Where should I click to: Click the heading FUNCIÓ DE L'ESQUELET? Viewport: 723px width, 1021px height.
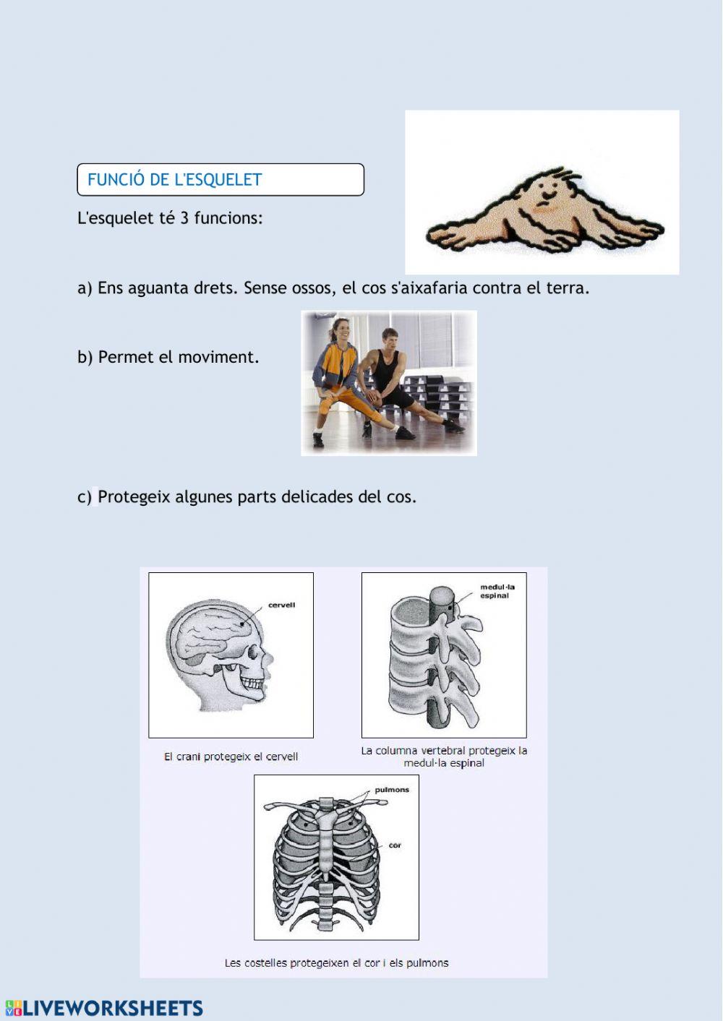(x=174, y=180)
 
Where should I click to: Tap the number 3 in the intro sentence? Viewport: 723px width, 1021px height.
(x=184, y=218)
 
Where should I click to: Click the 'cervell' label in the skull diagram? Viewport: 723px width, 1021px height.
(x=281, y=605)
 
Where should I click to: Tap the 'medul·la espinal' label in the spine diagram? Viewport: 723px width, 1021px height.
(x=497, y=592)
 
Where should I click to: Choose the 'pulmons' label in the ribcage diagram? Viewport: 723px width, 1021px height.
(x=392, y=790)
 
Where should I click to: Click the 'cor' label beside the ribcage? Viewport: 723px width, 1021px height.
(x=395, y=845)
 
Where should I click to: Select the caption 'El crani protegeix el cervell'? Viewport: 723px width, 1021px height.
(x=231, y=757)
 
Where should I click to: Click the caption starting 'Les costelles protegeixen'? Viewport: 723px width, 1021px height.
(x=336, y=963)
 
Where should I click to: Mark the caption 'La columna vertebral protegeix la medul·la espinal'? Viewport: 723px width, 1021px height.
(x=444, y=757)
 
